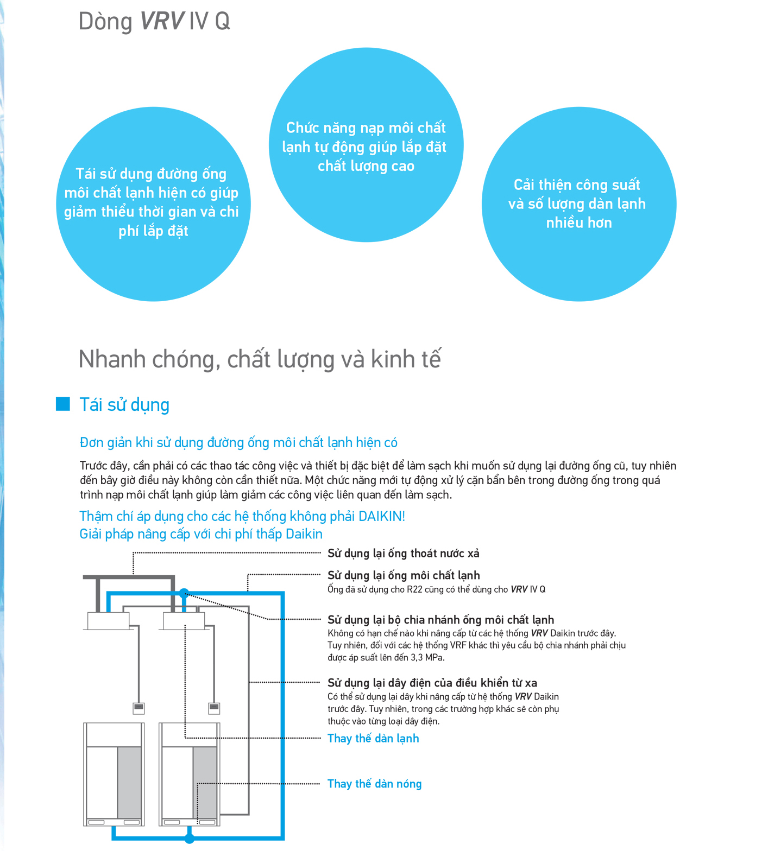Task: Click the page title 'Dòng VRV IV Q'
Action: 154,22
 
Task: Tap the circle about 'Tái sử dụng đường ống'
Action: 153,204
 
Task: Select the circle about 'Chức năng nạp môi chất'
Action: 366,145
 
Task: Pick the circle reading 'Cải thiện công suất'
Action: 578,204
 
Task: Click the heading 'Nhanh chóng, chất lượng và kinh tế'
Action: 260,359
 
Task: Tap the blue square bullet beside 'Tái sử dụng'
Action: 63,404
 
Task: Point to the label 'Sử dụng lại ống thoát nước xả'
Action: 403,554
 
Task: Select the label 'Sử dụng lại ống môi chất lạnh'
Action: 404,575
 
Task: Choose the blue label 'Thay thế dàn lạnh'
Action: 373,739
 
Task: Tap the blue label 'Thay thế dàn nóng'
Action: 374,784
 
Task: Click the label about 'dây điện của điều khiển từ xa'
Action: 432,683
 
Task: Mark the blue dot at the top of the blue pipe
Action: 184,593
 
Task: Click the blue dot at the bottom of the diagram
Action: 189,839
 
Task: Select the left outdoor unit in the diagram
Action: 114,774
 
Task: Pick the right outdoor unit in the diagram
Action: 190,774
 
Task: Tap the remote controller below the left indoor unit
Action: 139,708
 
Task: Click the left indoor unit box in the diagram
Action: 109,620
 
